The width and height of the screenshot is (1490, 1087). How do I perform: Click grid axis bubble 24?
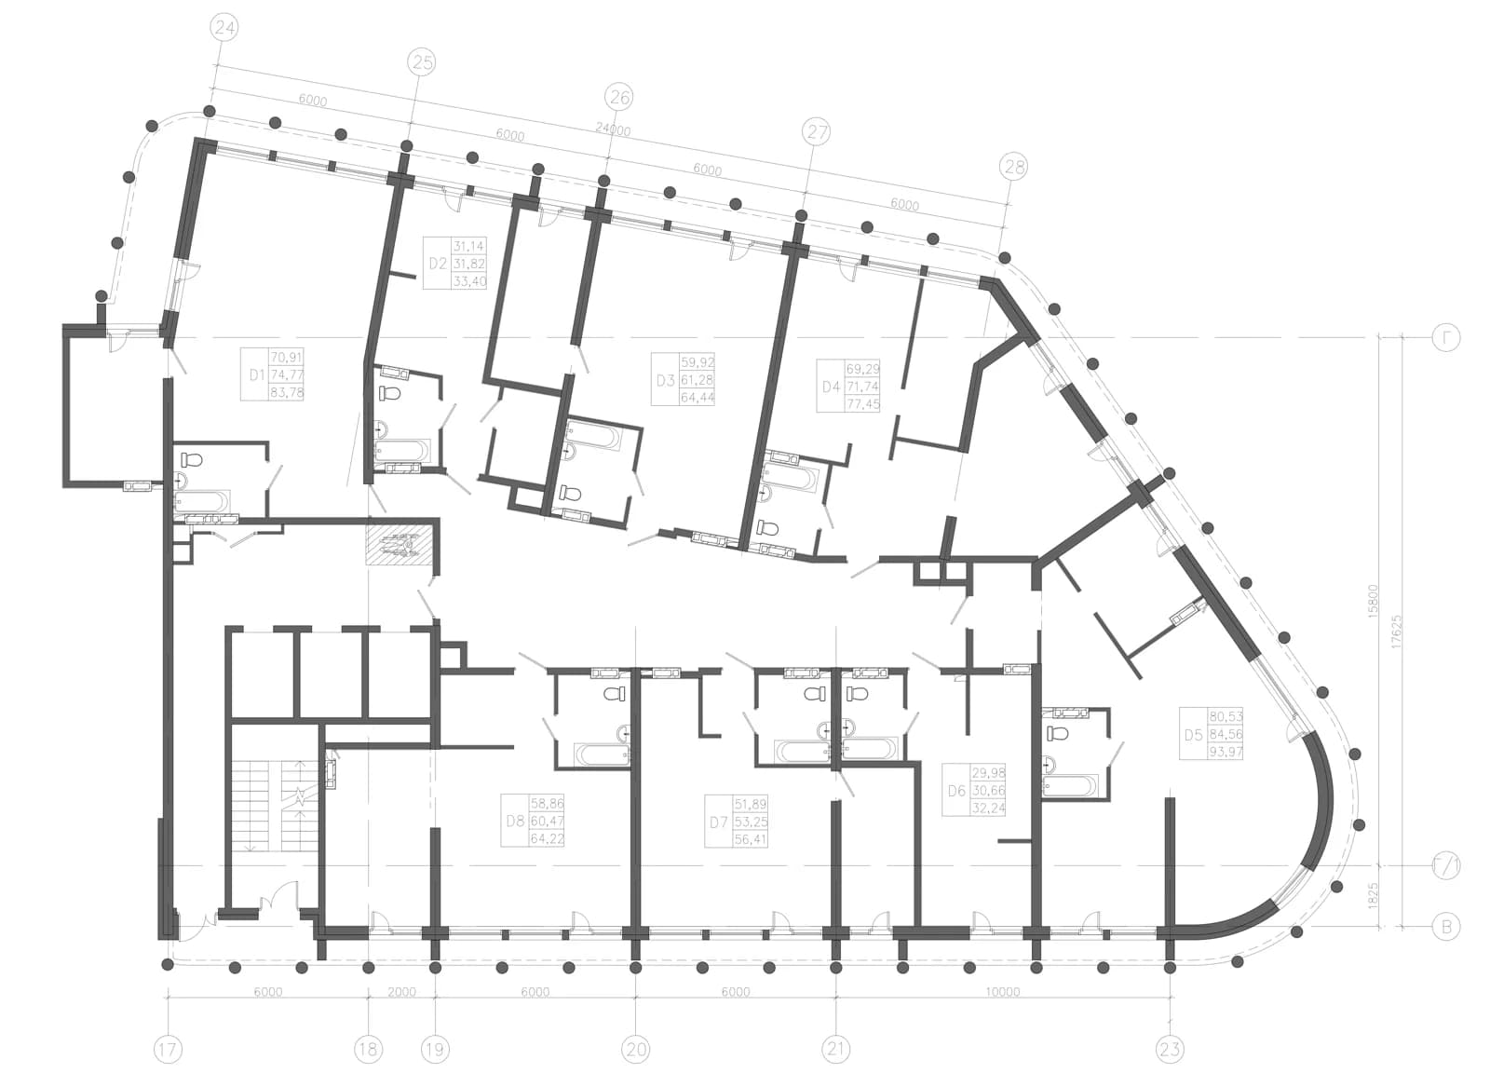pyautogui.click(x=224, y=28)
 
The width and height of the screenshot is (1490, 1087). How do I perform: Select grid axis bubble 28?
pyautogui.click(x=1014, y=167)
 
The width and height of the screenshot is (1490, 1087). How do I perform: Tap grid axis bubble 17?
pyautogui.click(x=168, y=1050)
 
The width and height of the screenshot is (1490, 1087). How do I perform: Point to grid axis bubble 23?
pyautogui.click(x=1170, y=1050)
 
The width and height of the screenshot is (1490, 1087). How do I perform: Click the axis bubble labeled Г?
pyautogui.click(x=1446, y=338)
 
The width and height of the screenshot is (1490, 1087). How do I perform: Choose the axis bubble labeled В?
pyautogui.click(x=1446, y=927)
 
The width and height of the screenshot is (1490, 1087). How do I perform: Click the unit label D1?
pyautogui.click(x=257, y=375)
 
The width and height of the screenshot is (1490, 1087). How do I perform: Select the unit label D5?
pyautogui.click(x=1193, y=735)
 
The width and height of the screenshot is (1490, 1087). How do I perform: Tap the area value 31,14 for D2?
pyautogui.click(x=469, y=246)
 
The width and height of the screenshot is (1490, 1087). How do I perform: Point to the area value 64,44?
pyautogui.click(x=698, y=398)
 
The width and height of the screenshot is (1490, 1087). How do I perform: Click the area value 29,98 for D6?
pyautogui.click(x=988, y=773)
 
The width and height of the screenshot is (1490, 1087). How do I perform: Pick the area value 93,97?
pyautogui.click(x=1226, y=753)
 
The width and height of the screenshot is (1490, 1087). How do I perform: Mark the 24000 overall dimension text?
pyautogui.click(x=613, y=129)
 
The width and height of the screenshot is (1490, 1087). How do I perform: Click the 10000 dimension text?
pyautogui.click(x=1002, y=993)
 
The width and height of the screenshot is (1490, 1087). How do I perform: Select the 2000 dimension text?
pyautogui.click(x=401, y=993)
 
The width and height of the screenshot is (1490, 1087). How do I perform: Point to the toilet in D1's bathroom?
pyautogui.click(x=192, y=460)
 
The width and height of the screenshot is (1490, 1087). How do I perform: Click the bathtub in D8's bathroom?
pyautogui.click(x=602, y=754)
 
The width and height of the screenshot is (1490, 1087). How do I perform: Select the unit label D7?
pyautogui.click(x=718, y=822)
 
